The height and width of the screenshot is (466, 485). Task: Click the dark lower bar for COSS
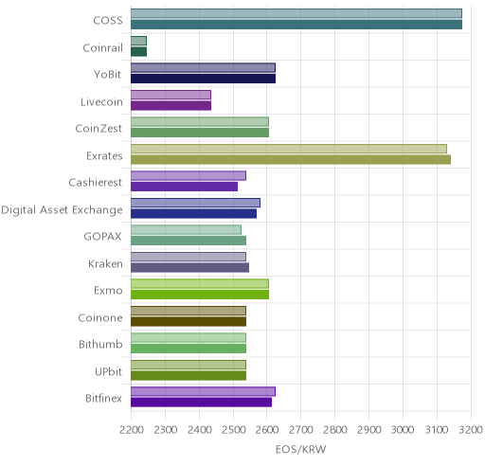pos(296,25)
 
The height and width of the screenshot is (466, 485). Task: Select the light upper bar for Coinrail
pos(138,41)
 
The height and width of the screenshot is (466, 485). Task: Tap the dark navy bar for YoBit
pos(203,79)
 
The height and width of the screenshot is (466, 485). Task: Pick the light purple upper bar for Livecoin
pos(171,95)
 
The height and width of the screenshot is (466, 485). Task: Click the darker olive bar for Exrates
pos(291,160)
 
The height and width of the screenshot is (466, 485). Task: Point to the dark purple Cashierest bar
pos(184,187)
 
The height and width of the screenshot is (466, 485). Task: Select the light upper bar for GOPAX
pos(186,230)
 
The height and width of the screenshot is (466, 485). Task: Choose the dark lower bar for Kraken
pos(189,268)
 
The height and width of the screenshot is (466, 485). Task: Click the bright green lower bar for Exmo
pos(200,295)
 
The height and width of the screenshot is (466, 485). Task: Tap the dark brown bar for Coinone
pos(189,322)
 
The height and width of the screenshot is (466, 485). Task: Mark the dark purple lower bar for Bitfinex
pos(201,403)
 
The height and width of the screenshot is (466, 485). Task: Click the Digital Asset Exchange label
pos(62,210)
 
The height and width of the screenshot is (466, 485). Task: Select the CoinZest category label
pos(99,129)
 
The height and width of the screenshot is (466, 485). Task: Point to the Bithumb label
pos(100,344)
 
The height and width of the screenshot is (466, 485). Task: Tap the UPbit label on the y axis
pos(108,371)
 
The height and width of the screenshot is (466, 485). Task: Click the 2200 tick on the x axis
pos(131,430)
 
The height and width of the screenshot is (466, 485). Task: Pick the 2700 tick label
pos(301,430)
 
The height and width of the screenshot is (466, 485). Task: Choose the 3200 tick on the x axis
pos(471,430)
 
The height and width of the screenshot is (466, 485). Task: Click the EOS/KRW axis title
pos(300,449)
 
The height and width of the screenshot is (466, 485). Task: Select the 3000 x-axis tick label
pos(403,430)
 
